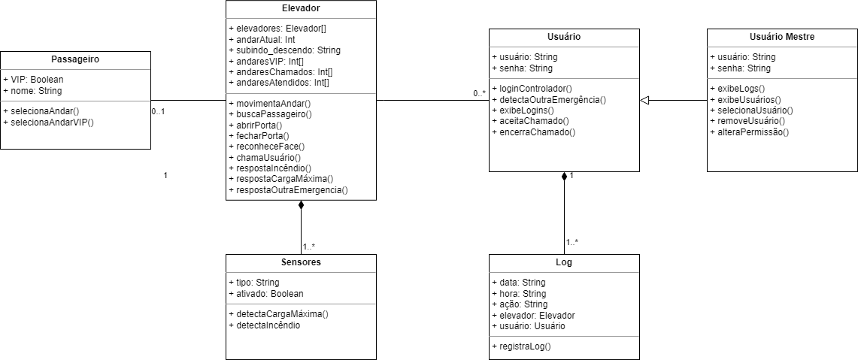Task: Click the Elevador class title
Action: click(301, 8)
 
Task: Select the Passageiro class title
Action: click(75, 59)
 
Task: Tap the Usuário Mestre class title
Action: click(782, 36)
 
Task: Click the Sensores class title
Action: click(301, 262)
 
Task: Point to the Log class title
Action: click(564, 262)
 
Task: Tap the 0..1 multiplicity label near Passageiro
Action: click(158, 111)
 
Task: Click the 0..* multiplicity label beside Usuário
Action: click(479, 93)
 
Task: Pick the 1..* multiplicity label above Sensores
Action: click(309, 247)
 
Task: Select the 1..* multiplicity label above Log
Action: click(572, 242)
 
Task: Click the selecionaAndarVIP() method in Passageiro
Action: click(48, 121)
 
